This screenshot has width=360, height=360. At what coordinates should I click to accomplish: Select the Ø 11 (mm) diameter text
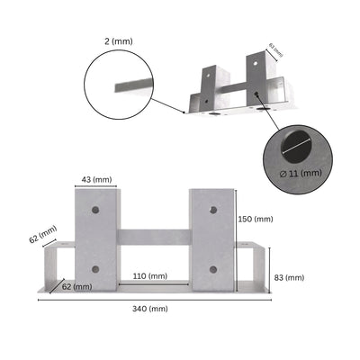coord(300,172)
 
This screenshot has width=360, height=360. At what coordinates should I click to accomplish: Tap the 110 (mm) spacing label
coord(149,275)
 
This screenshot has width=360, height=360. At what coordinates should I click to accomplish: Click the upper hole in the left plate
coord(94,210)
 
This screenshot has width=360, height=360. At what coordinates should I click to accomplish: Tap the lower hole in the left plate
coord(94,268)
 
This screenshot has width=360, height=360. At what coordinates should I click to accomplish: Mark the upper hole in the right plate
coord(211,210)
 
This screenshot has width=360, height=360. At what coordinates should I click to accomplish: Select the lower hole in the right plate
coord(211,268)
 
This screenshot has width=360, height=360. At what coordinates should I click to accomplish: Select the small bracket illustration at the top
coord(238,90)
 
